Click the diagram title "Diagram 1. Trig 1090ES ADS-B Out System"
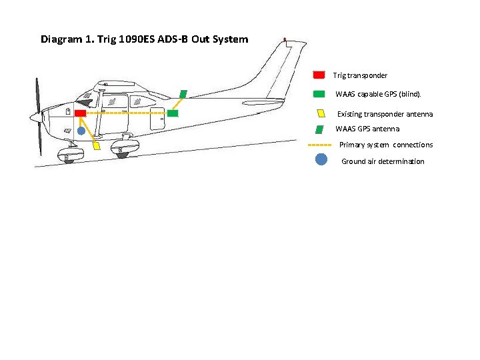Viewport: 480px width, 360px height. [144, 39]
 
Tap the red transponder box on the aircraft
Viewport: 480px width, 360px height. [80, 114]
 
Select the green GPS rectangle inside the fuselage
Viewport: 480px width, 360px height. [173, 114]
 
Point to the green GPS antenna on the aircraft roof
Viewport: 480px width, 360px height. [183, 94]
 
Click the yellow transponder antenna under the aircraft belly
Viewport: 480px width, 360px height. [97, 145]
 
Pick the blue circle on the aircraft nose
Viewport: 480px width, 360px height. [81, 131]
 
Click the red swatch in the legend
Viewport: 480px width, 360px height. [319, 75]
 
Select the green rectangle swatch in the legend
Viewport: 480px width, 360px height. [319, 94]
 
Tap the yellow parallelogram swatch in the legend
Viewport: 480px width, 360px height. [321, 113]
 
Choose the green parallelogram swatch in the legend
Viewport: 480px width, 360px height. [320, 129]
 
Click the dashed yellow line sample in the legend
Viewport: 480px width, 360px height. [320, 145]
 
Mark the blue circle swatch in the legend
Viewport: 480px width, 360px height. [321, 160]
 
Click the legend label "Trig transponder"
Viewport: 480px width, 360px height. [360, 76]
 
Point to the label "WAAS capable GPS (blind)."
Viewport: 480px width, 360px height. [379, 95]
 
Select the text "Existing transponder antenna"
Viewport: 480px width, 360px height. [385, 114]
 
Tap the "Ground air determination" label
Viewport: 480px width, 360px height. [383, 161]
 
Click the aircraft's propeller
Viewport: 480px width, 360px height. [38, 117]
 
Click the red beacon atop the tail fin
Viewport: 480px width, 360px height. [285, 40]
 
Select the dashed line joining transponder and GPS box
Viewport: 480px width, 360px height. [127, 114]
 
